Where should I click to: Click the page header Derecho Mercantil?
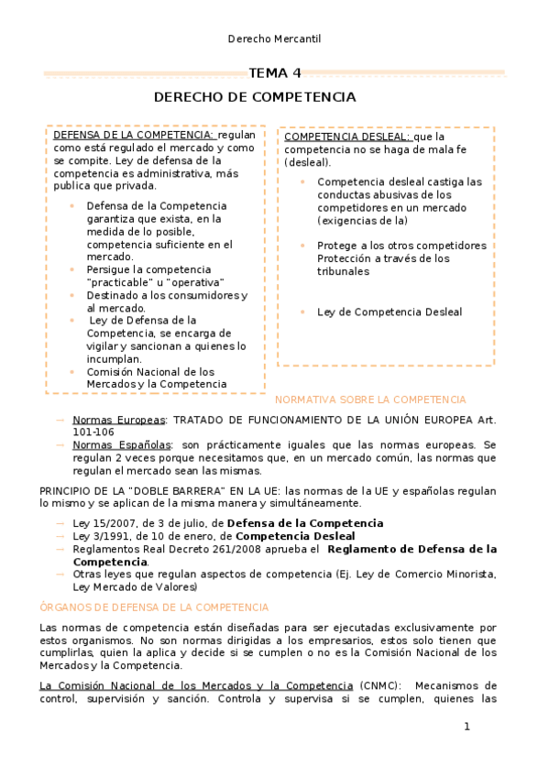click(x=274, y=38)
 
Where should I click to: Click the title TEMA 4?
click(x=275, y=73)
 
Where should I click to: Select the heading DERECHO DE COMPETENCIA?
click(x=255, y=96)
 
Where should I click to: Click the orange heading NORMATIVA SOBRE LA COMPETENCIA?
click(x=370, y=399)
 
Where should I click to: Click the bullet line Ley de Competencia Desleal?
click(x=390, y=312)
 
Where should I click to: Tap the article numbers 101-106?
click(x=93, y=432)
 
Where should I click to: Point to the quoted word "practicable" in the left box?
click(x=121, y=282)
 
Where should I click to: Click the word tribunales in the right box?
click(x=343, y=271)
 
